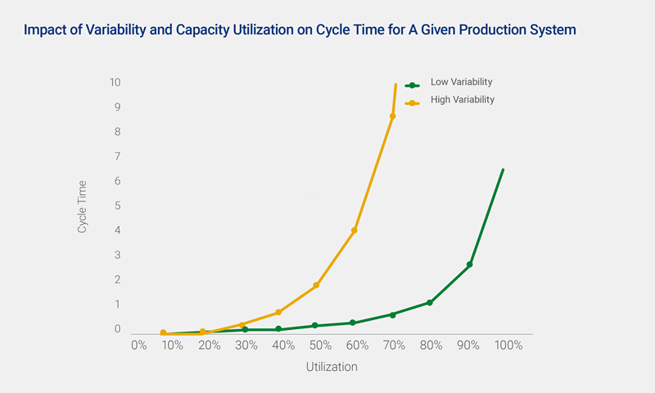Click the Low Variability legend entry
(x=461, y=83)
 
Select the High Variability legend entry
(x=462, y=100)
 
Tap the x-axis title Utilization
(x=332, y=367)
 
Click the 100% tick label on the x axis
(x=508, y=346)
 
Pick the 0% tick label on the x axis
(x=138, y=346)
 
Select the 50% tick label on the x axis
(x=320, y=346)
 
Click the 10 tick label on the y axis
(x=115, y=83)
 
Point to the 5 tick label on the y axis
(x=118, y=206)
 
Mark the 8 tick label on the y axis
(x=118, y=132)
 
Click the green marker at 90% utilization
(x=470, y=264)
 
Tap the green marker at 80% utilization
(x=430, y=303)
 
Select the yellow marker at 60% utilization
(x=355, y=230)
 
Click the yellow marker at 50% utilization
(x=316, y=285)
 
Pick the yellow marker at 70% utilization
(x=393, y=116)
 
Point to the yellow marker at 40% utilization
(x=279, y=312)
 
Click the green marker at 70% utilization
(x=393, y=314)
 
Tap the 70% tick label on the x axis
(x=395, y=346)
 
